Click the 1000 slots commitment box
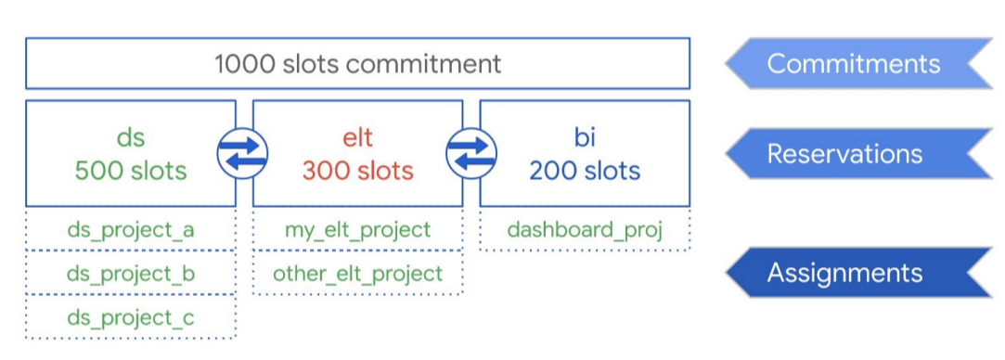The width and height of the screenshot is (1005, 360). coord(357,63)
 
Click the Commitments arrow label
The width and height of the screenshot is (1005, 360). coord(853,63)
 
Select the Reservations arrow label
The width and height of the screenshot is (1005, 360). coord(844,153)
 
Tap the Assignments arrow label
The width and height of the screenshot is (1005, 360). coord(844,273)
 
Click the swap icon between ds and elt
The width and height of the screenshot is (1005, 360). coord(242,153)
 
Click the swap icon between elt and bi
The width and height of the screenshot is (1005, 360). coord(471,153)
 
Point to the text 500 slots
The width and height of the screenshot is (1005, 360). coord(131,171)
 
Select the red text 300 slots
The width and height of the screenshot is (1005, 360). coord(358,171)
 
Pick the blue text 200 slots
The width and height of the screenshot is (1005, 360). coord(585,171)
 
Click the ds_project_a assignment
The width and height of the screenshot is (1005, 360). coord(131,229)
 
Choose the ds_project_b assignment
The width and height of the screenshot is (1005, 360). coord(131,274)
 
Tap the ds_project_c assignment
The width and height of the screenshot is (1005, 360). coord(131,318)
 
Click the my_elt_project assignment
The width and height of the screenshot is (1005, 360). coord(358,229)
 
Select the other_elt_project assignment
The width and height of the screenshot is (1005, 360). coord(358,274)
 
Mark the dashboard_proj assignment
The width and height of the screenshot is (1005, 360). coord(585,229)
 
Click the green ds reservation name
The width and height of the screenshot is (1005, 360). coord(131,138)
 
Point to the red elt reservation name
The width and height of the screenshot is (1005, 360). coord(358,138)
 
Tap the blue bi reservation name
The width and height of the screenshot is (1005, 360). coord(585,138)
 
